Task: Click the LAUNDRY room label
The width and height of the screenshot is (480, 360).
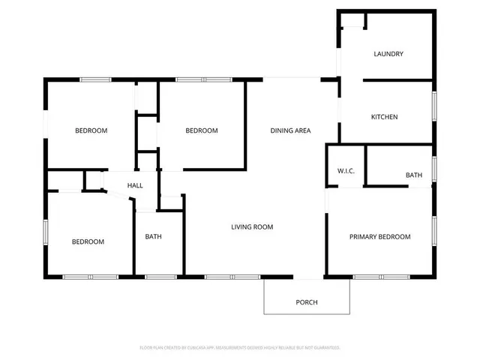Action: point(388,54)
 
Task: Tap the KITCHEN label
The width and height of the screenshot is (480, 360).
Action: point(385,117)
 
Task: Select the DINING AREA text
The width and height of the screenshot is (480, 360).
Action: point(290,130)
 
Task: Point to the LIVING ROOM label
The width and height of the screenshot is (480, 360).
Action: point(251,226)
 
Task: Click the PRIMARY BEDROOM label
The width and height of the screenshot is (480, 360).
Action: point(380,237)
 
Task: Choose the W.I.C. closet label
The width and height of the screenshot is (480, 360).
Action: point(346,171)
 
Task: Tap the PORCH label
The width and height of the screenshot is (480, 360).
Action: point(307,302)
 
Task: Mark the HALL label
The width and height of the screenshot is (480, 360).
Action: point(135,185)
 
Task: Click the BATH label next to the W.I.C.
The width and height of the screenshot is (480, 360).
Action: point(414,175)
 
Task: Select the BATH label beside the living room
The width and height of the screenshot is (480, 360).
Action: point(153,237)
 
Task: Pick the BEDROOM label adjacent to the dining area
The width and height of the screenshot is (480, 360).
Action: point(202,130)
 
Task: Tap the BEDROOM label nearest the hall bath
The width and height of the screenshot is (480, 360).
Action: point(88,241)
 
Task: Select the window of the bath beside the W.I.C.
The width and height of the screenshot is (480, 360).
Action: point(433,169)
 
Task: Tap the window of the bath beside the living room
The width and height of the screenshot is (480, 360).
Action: point(160,277)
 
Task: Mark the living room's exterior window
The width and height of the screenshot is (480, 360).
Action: point(218,277)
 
